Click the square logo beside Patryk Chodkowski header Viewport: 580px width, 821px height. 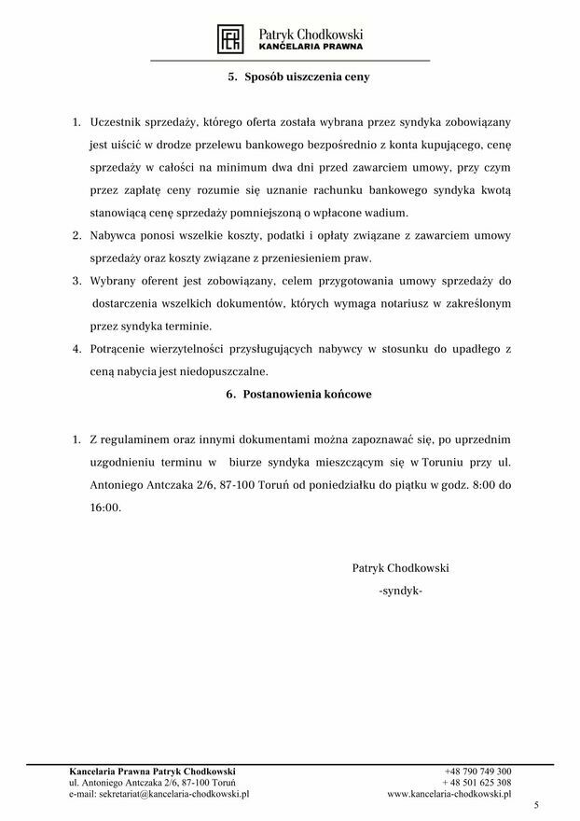click(x=230, y=37)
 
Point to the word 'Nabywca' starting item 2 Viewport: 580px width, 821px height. click(x=114, y=237)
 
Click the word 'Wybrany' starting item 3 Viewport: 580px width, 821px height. click(x=114, y=282)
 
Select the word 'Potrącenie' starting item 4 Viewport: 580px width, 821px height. click(x=119, y=350)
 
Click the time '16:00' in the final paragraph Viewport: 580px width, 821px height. click(x=105, y=508)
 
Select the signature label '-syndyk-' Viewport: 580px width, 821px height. click(x=401, y=591)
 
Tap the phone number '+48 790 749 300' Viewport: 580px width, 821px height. click(x=477, y=772)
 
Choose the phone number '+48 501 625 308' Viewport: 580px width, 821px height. click(x=477, y=783)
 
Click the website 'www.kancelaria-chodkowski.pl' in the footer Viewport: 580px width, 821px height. click(x=449, y=795)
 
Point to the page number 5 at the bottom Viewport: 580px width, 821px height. click(x=536, y=805)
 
